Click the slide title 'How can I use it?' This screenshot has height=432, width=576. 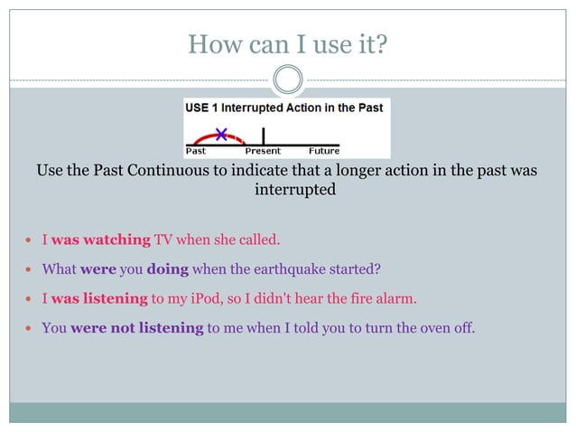tap(287, 42)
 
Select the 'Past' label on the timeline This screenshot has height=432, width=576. tap(196, 151)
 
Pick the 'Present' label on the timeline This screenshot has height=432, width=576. tap(263, 151)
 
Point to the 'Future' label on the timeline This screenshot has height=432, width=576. tap(324, 151)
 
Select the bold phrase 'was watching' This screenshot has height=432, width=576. tap(100, 239)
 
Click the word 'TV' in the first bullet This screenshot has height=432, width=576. tap(163, 239)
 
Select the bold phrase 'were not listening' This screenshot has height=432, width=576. tap(136, 327)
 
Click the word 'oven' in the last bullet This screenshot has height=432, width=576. tap(414, 327)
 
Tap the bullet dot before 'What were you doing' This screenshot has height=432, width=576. tap(30, 269)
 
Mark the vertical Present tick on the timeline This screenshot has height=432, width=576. tap(263, 136)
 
